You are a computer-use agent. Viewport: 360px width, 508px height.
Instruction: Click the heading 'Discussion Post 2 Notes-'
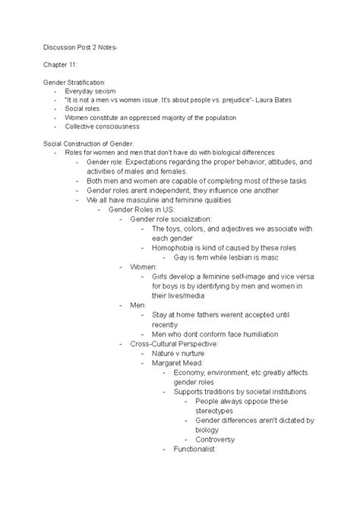(x=74, y=47)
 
